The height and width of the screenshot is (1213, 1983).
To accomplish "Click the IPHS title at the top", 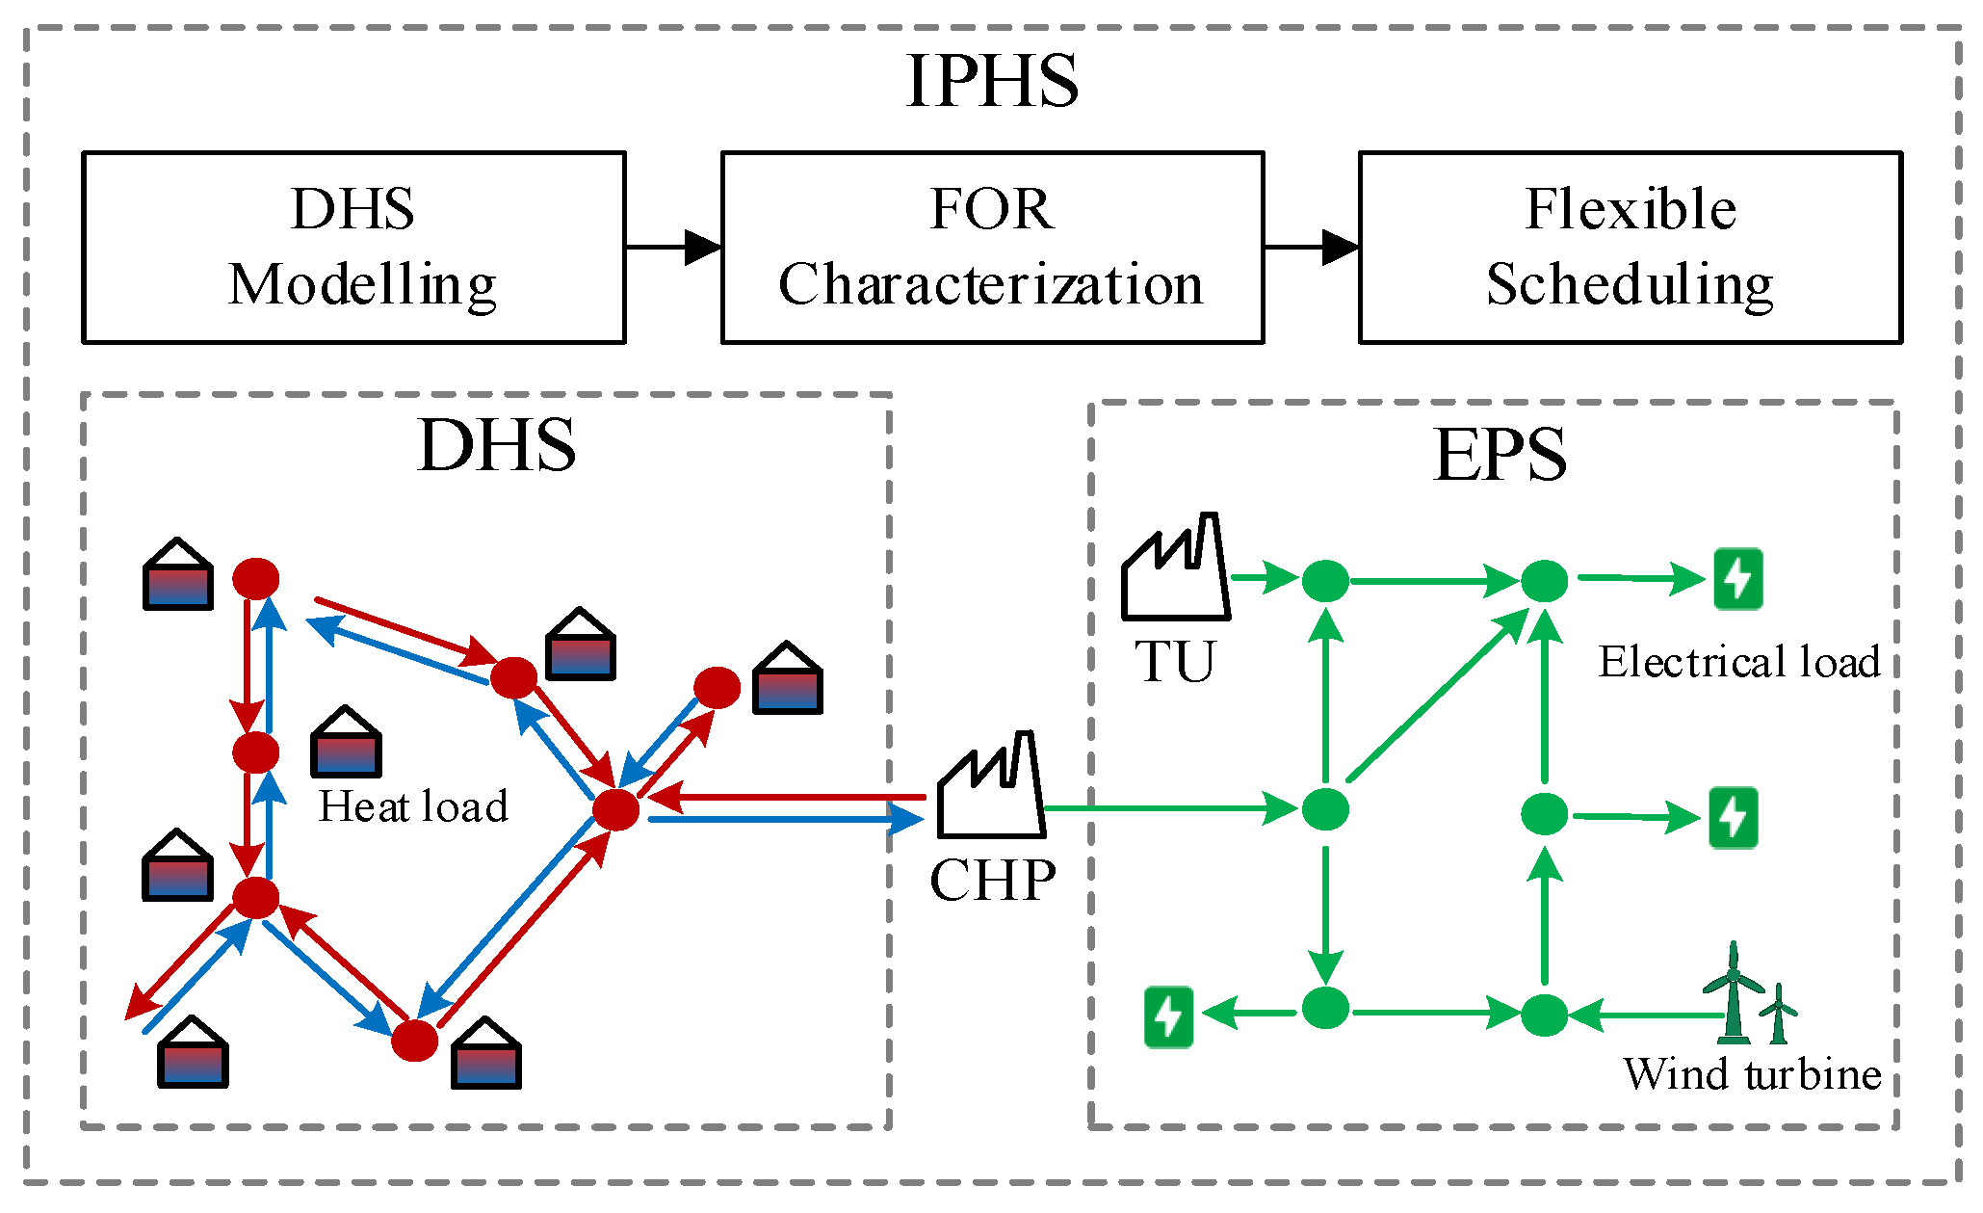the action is [992, 81].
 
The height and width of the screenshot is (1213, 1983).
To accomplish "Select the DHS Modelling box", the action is [354, 247].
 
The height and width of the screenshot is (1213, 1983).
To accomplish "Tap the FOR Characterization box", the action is [992, 247].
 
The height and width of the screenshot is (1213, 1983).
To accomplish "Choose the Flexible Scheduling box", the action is [1631, 247].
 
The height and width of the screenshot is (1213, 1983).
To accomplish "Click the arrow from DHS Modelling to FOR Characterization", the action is [674, 247].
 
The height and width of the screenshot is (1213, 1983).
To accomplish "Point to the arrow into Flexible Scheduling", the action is [1312, 247].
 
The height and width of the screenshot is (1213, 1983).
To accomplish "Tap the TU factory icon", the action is [1175, 566].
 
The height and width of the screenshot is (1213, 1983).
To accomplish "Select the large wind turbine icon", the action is [1733, 992].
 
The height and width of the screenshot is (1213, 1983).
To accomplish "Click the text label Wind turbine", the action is [1752, 1073].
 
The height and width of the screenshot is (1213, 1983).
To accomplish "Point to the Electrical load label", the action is [1739, 662].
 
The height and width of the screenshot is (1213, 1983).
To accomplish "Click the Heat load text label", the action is [413, 806].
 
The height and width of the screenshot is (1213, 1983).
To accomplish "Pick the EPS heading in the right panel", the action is [1500, 455].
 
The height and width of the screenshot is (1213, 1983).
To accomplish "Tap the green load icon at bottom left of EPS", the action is [1168, 1016].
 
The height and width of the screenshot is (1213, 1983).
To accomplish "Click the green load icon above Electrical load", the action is [1738, 579].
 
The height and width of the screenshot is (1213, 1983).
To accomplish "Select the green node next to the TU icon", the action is [1325, 580].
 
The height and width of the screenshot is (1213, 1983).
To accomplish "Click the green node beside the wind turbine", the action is [1544, 1015].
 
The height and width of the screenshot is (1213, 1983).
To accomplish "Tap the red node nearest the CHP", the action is [615, 809].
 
